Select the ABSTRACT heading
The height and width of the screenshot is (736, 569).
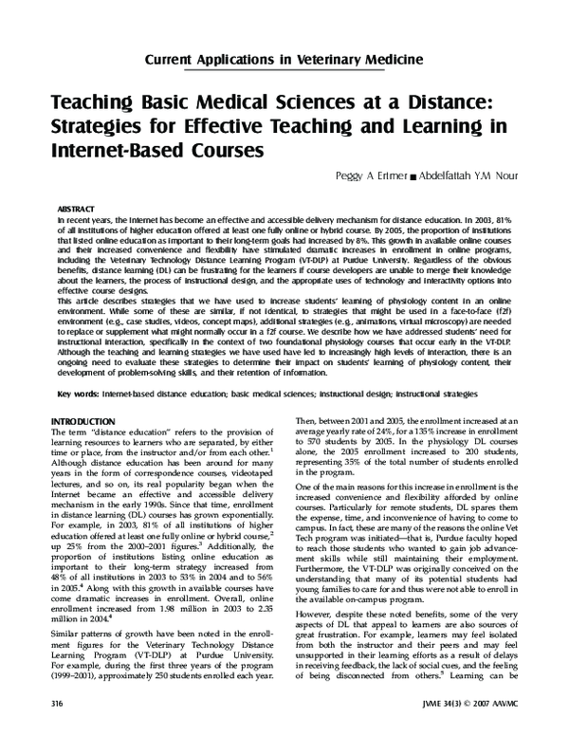[x=77, y=206]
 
